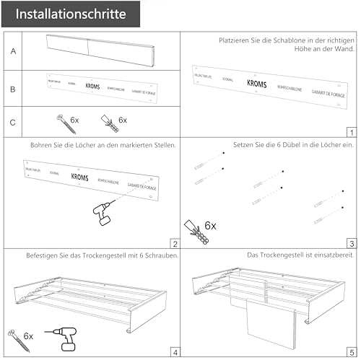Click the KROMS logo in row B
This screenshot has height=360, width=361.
click(x=92, y=86)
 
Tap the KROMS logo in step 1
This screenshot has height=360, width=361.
click(x=256, y=84)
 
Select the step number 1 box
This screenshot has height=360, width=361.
click(x=351, y=132)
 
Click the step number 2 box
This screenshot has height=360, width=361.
click(x=174, y=243)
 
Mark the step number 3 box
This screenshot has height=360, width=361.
click(x=351, y=243)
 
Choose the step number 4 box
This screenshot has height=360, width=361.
click(x=174, y=353)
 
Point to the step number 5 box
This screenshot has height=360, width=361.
click(x=351, y=353)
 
